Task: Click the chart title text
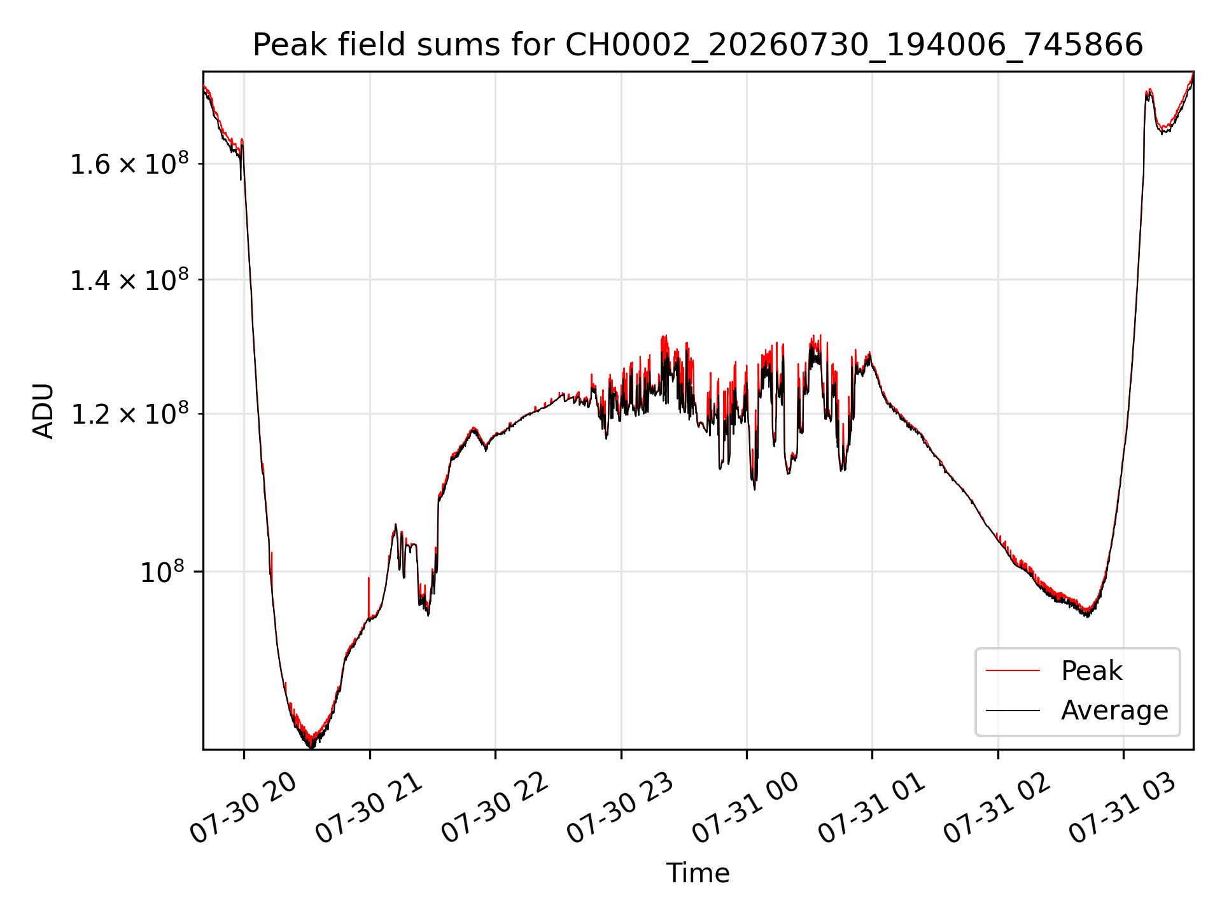pos(698,45)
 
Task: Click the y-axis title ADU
pos(43,411)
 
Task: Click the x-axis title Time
pos(698,873)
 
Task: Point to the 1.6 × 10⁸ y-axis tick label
pos(129,163)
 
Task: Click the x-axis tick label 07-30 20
pos(244,808)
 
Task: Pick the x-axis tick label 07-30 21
pos(370,808)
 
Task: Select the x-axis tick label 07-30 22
pos(496,808)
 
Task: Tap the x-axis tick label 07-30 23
pos(621,808)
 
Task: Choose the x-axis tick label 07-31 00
pos(747,808)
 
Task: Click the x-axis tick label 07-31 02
pos(998,808)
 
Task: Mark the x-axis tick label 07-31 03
pos(1123,808)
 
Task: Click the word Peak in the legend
pos(1092,671)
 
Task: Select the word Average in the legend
pos(1114,711)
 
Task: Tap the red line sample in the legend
pos(1013,670)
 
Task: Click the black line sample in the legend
pos(1013,710)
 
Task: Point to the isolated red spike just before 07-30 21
pos(369,597)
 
